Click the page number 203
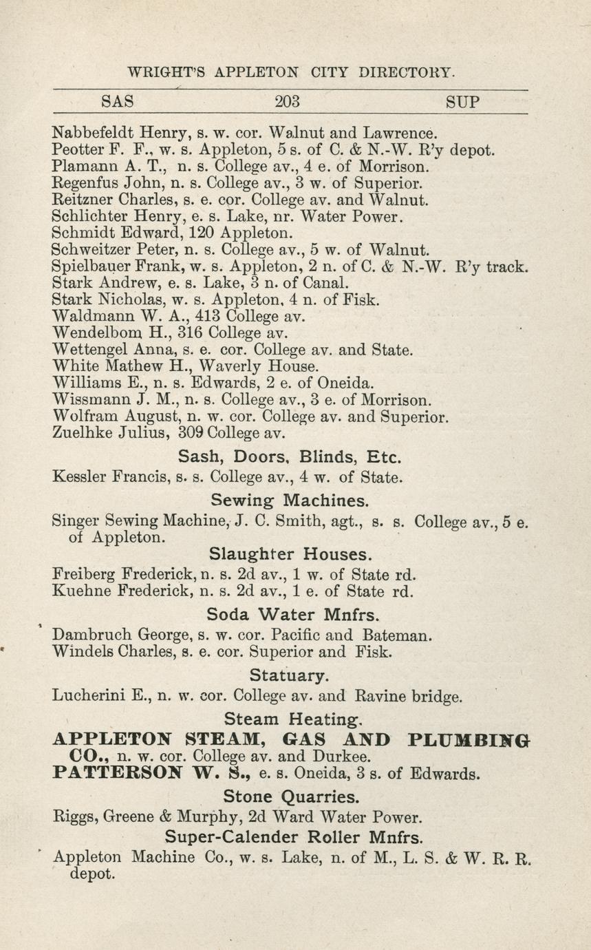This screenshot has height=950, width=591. pos(287,102)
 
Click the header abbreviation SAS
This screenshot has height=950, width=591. pos(117,102)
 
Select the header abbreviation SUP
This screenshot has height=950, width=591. pos(462,102)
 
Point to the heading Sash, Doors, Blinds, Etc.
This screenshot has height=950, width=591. pos(290,456)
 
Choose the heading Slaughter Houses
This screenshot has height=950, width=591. pos(290,554)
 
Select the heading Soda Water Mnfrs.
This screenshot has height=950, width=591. pos(290,614)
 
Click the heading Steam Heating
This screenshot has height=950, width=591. pos(289,719)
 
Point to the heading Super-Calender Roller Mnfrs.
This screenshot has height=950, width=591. pos(294,837)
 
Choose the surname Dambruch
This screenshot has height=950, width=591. pos(93,635)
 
